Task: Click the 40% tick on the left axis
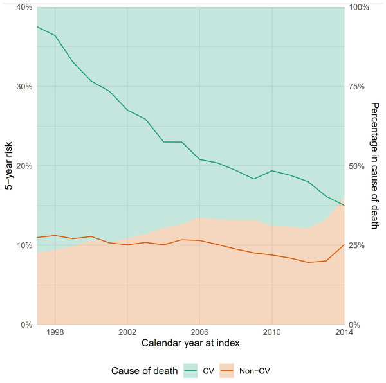tap(24, 7)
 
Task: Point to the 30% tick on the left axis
tap(24, 87)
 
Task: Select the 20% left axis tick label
tap(24, 166)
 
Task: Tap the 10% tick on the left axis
tap(24, 245)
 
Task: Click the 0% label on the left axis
tap(27, 325)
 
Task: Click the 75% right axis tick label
tap(358, 87)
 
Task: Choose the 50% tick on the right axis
tap(358, 166)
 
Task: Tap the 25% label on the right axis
tap(358, 245)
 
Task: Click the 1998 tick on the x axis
tap(55, 333)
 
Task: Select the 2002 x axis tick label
tap(127, 333)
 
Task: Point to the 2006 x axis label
tap(199, 333)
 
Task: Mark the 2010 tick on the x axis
tap(271, 333)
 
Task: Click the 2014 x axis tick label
tap(344, 333)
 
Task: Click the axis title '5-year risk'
tap(9, 166)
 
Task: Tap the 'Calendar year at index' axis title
tap(191, 344)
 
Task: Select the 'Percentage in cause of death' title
tap(376, 166)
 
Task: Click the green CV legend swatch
tap(191, 371)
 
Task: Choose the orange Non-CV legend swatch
tap(228, 371)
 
